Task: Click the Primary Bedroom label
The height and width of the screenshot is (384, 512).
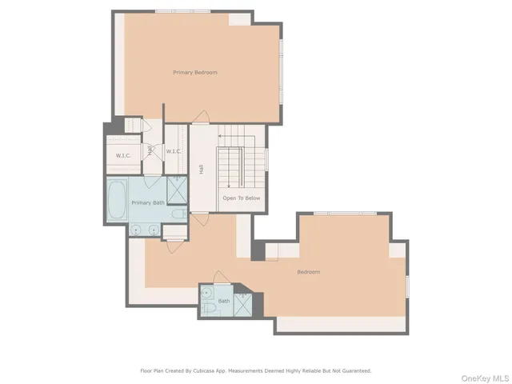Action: click(195, 73)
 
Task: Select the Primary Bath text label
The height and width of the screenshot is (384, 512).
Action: click(148, 203)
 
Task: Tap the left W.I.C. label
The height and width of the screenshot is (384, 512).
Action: click(123, 155)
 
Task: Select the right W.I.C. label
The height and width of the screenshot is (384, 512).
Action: click(174, 151)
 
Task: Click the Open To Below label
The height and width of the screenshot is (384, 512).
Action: click(241, 198)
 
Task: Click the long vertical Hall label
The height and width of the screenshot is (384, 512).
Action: click(200, 170)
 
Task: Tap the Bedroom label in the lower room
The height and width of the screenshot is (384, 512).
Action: click(309, 272)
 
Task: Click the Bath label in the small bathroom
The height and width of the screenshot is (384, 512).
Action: click(223, 301)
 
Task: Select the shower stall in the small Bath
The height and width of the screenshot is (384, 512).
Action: click(251, 301)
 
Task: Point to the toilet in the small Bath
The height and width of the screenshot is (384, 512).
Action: click(208, 309)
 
